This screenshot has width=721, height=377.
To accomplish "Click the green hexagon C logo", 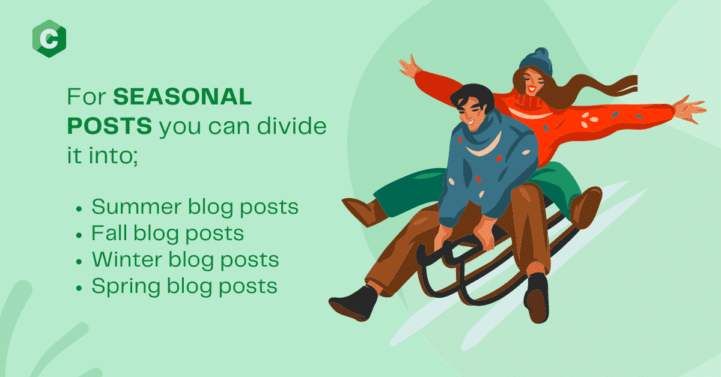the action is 49,38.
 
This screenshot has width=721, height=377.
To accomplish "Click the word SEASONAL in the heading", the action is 183,96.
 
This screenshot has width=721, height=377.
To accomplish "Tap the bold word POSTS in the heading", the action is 109,125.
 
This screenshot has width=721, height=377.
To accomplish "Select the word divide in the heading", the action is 291,125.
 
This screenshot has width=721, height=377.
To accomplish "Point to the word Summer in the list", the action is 136,207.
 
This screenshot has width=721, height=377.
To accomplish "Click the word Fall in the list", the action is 109,232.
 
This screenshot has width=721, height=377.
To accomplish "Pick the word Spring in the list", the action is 126,287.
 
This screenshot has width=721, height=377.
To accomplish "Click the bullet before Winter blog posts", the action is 79,262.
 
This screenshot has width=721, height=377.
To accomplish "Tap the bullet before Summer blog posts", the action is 79,209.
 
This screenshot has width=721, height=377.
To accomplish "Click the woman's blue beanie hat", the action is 536,62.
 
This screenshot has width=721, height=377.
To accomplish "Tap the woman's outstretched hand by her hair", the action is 689,109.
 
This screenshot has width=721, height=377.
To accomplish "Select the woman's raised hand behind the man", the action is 409,67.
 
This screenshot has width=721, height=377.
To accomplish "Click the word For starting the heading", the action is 87,96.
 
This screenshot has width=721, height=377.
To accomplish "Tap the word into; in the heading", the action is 114,155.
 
